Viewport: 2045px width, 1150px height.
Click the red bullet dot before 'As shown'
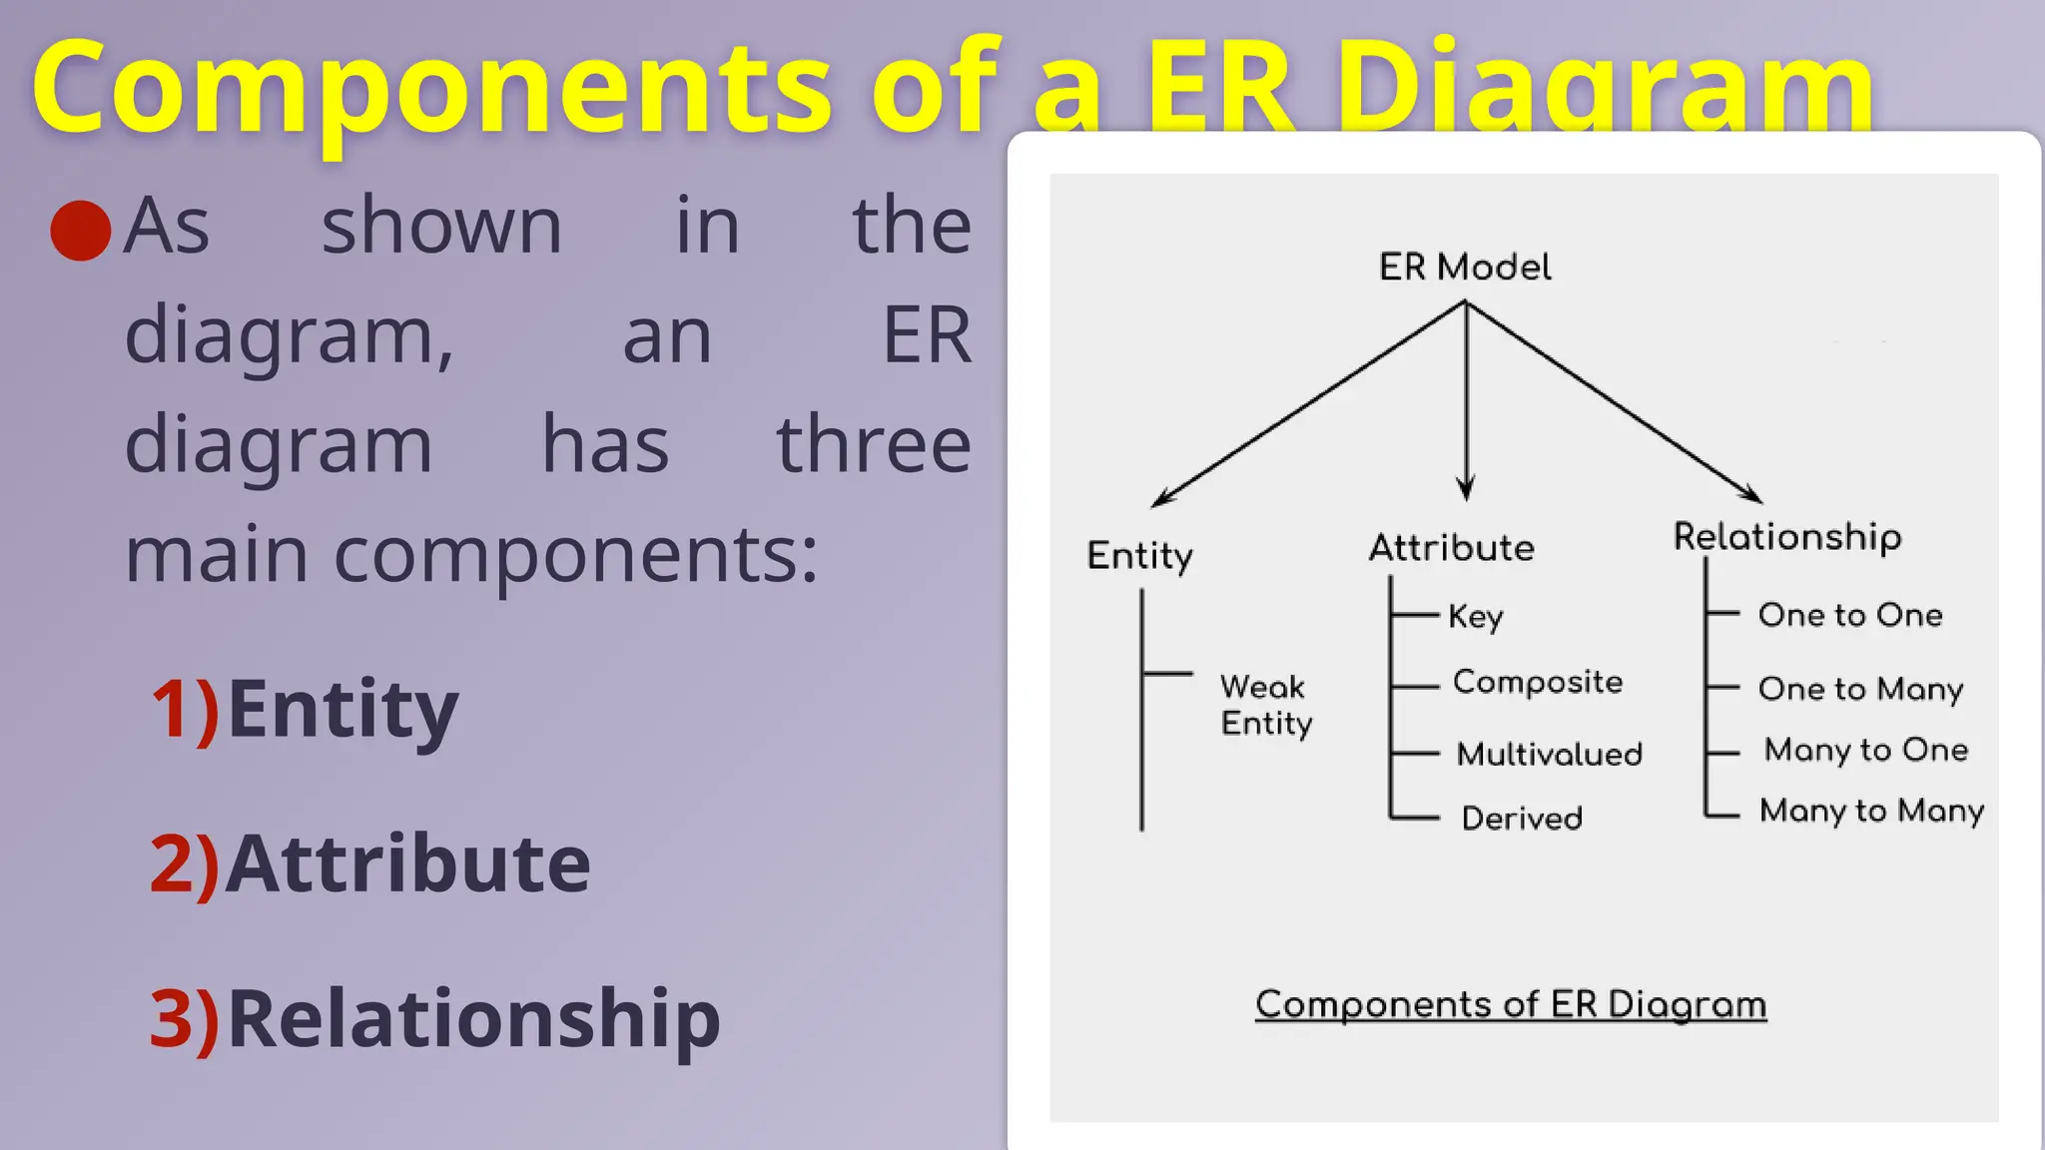click(x=80, y=231)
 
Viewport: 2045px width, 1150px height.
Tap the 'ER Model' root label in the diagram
click(x=1465, y=268)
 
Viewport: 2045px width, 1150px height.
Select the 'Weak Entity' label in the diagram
click(x=1265, y=705)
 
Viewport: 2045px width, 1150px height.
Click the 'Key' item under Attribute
click(x=1475, y=616)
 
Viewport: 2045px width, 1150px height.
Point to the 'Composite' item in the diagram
click(x=1537, y=682)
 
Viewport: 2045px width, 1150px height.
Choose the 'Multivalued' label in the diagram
click(x=1549, y=754)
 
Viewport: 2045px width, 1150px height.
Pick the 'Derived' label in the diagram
click(x=1522, y=819)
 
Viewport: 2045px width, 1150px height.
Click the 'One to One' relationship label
click(x=1850, y=615)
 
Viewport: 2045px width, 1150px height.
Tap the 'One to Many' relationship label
click(x=1860, y=689)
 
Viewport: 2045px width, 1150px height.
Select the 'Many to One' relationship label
click(x=1865, y=750)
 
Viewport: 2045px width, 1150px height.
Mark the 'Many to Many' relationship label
click(x=1871, y=811)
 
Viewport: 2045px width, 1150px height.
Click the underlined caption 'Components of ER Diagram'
click(x=1510, y=1004)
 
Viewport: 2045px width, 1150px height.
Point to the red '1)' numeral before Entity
click(x=185, y=709)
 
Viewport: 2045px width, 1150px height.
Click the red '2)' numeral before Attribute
click(x=185, y=863)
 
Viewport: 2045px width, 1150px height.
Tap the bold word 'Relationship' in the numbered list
click(x=473, y=1018)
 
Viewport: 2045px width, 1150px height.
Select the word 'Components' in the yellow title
click(x=431, y=88)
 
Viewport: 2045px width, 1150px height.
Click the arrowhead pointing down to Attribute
click(x=1466, y=489)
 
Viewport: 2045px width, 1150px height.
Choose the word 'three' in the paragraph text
click(x=874, y=444)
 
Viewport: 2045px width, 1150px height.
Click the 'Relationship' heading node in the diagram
click(x=1787, y=537)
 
